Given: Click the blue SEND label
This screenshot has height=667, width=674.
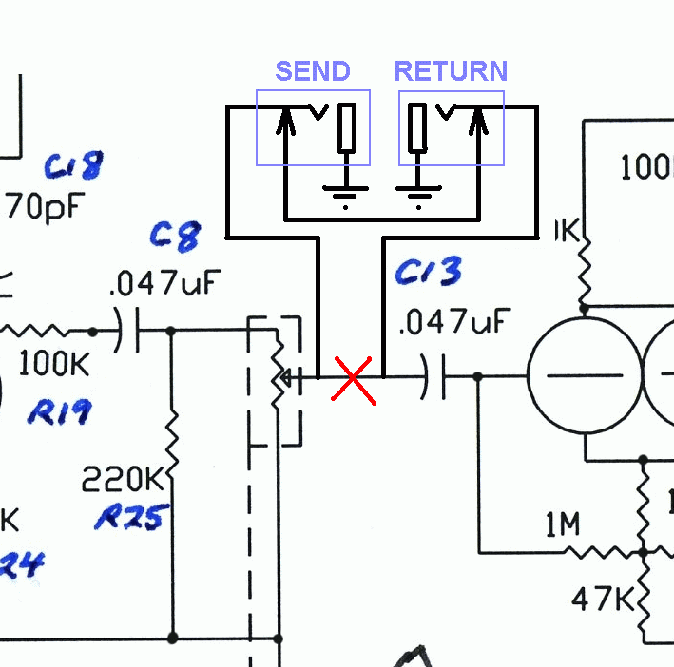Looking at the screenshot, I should [313, 71].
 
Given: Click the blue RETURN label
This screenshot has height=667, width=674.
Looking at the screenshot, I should [451, 71].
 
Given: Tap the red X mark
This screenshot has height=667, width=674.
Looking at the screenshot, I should [353, 378].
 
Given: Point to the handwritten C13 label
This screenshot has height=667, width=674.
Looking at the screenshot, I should [428, 273].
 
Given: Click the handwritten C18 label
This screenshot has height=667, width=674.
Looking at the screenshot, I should [73, 167].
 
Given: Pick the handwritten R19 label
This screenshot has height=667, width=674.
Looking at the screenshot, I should [59, 412].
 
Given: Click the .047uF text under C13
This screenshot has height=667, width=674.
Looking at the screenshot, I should [450, 323].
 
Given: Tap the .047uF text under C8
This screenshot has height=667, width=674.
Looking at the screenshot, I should [165, 282].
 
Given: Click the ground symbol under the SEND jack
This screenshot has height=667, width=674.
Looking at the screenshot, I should [345, 195].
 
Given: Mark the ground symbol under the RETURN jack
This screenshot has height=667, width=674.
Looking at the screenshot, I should [418, 195].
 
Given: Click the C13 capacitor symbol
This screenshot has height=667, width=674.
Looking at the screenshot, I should [435, 377].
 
